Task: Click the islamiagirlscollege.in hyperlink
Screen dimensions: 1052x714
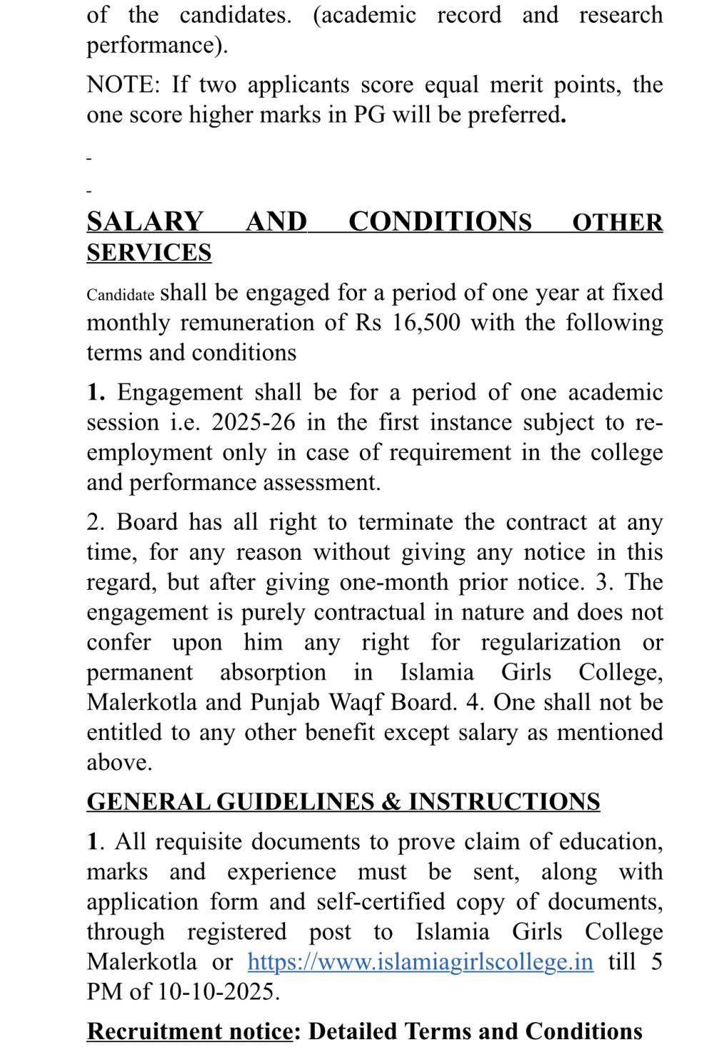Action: coord(420,961)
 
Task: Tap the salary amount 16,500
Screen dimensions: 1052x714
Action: coord(426,323)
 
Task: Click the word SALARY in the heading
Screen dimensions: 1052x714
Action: coord(145,221)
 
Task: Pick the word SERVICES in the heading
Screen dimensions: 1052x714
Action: coord(149,253)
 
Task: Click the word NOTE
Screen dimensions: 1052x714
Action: coord(121,85)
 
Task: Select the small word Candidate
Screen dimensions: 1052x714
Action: coord(121,295)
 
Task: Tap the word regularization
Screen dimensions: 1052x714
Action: coord(550,643)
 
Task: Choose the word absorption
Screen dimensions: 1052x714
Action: coord(273,673)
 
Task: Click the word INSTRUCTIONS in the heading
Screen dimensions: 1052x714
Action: coord(504,801)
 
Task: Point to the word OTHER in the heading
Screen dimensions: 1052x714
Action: coord(618,222)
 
